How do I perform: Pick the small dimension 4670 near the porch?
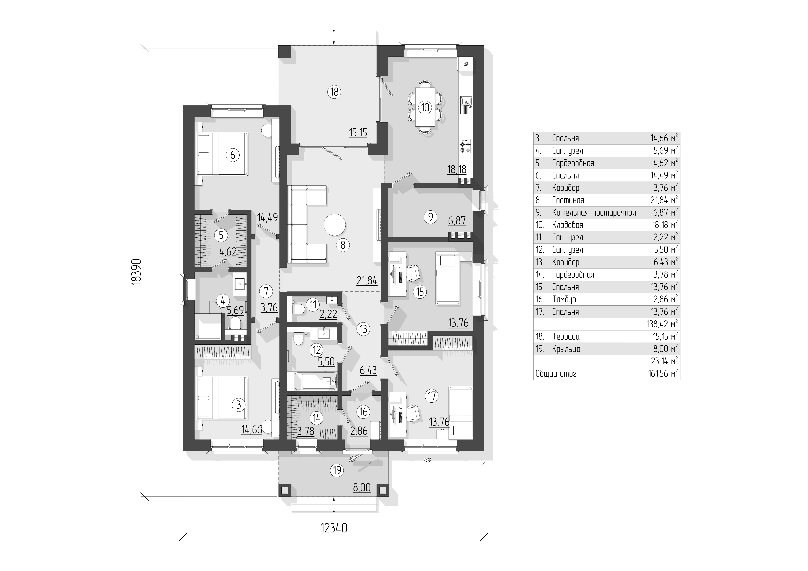(427, 460)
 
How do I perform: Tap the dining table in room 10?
(425, 107)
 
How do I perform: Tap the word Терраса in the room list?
(565, 337)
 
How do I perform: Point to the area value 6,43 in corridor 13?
(368, 370)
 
